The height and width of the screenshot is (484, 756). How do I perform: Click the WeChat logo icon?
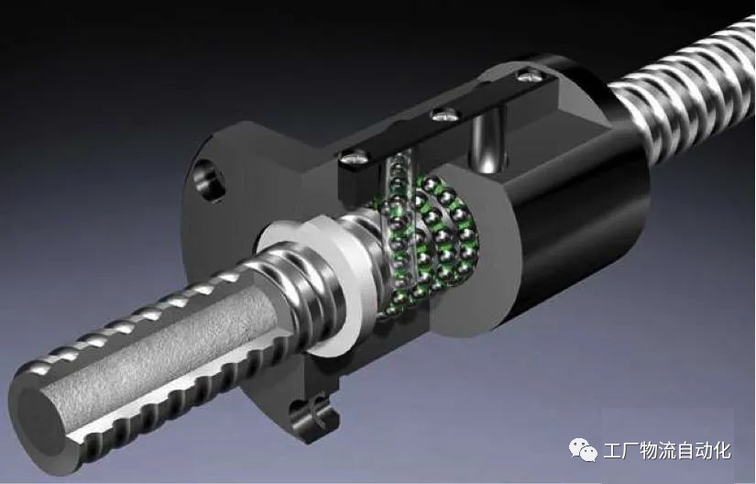click(584, 451)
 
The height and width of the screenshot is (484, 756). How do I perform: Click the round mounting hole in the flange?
click(209, 180)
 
